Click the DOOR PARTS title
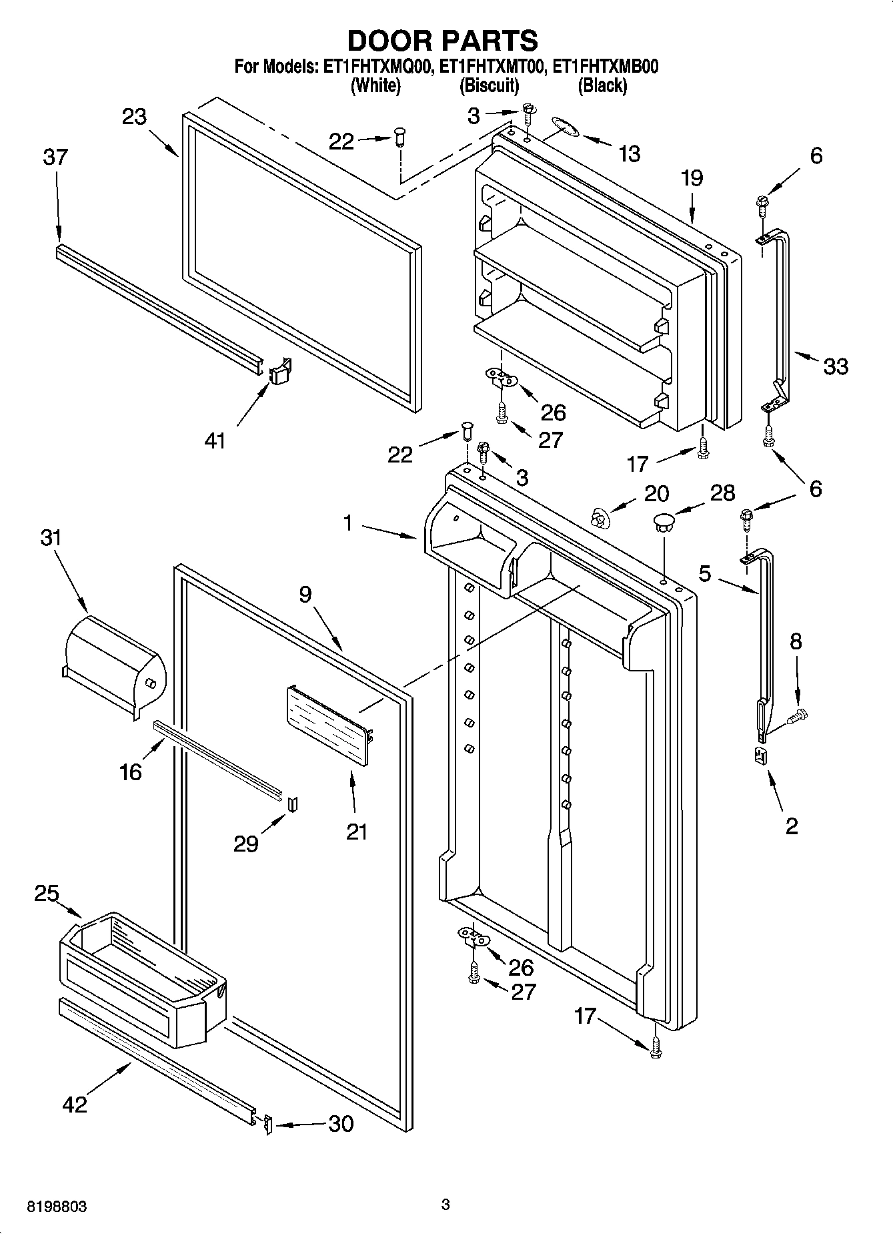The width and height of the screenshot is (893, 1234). point(442,41)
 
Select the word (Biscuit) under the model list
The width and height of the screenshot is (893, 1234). point(489,85)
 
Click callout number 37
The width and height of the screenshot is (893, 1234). point(55,158)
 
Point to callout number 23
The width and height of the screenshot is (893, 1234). point(134,117)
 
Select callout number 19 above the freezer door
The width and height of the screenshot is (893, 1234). point(692,178)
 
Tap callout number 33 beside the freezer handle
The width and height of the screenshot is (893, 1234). point(836,366)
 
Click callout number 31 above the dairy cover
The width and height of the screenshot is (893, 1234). point(51,538)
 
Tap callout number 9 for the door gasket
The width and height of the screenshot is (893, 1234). point(305,594)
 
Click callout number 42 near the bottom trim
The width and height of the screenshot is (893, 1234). point(74,1104)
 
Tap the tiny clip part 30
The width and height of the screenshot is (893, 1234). point(267,1125)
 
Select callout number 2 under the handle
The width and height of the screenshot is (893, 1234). point(792,826)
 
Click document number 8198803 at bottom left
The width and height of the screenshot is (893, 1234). point(57,1207)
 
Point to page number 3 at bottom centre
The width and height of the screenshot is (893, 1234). point(445,1205)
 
